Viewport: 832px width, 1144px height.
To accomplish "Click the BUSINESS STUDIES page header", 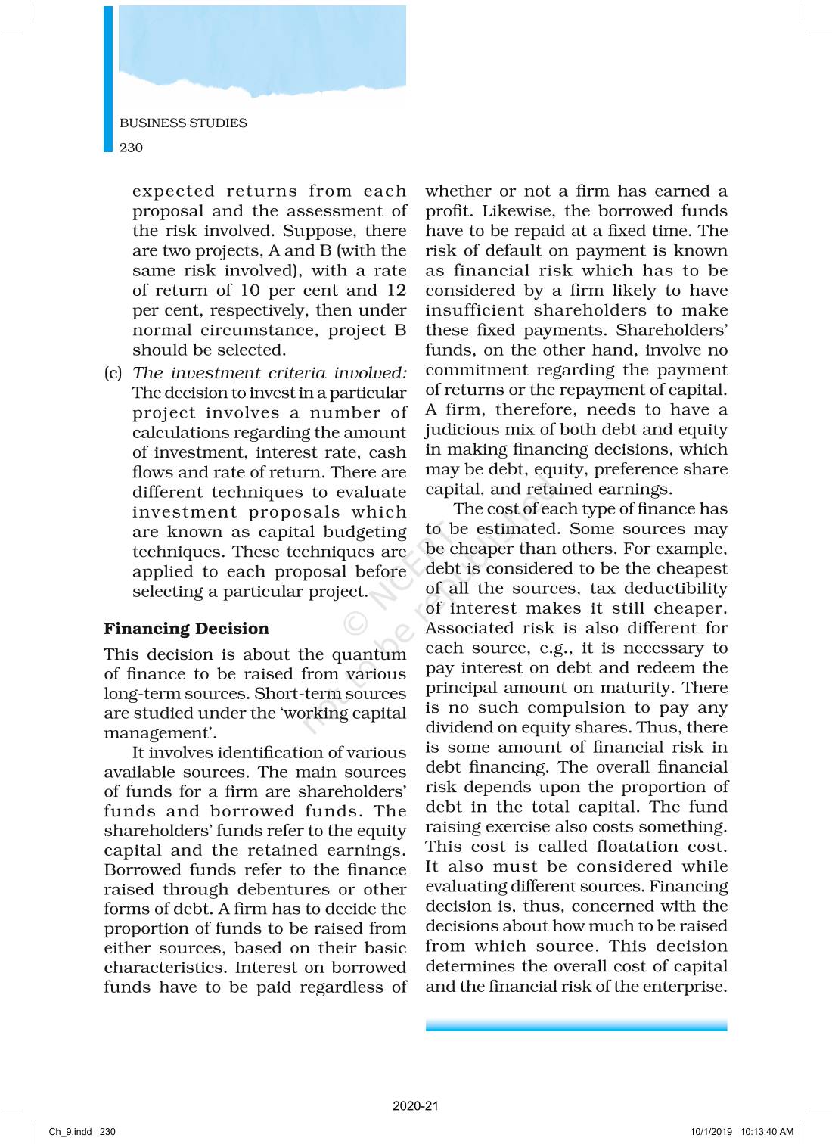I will click(183, 123).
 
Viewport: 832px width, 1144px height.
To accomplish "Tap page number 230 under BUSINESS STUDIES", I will click(131, 148).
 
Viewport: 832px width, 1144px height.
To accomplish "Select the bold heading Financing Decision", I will click(186, 629).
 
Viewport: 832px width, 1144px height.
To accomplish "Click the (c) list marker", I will click(113, 373).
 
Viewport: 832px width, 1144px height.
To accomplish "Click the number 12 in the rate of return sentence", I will click(396, 291).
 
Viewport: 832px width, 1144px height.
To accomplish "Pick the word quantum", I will click(368, 654).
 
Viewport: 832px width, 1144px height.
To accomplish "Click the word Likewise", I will click(518, 211).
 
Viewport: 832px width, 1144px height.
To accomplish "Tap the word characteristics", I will click(165, 968).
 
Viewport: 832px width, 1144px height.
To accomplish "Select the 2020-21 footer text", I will click(415, 1105).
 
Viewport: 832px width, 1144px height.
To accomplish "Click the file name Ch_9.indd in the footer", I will click(70, 1132).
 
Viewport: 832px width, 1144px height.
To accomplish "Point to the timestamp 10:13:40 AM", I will click(766, 1132).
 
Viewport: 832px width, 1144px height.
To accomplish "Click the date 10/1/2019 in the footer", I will click(711, 1132).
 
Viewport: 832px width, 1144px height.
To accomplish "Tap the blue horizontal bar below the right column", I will click(576, 1025).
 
